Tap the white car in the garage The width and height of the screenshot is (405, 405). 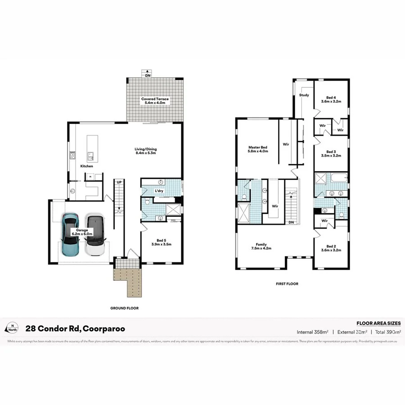point(95,235)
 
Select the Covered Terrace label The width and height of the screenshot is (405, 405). point(155,101)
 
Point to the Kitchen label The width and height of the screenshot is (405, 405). point(86,166)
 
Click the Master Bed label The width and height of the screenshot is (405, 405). point(258,149)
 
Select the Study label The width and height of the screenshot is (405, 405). point(304,95)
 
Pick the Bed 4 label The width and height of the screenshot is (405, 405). point(331,99)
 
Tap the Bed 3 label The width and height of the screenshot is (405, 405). point(331,154)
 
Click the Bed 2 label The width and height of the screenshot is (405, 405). point(331,248)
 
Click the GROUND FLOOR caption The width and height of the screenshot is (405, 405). point(124,308)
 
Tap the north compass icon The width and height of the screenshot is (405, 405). point(13,328)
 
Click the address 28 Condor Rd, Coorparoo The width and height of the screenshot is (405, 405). point(75,329)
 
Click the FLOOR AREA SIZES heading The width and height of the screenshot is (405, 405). point(378,323)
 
